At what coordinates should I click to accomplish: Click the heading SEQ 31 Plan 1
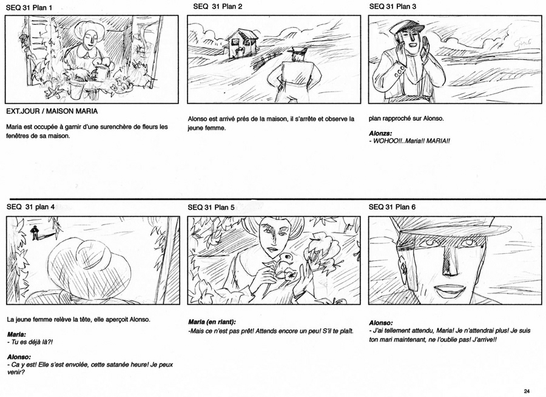pyautogui.click(x=29, y=8)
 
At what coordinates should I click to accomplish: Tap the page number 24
pyautogui.click(x=526, y=391)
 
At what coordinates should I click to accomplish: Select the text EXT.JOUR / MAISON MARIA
pyautogui.click(x=52, y=111)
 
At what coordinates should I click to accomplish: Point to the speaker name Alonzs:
pyautogui.click(x=380, y=133)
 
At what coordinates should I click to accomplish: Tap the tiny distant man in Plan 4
pyautogui.click(x=35, y=233)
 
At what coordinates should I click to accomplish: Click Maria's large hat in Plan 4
pyautogui.click(x=88, y=269)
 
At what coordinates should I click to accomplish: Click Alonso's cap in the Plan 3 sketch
pyautogui.click(x=406, y=27)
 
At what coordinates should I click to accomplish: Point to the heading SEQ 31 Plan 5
pyautogui.click(x=211, y=208)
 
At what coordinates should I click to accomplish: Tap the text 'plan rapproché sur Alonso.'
pyautogui.click(x=406, y=118)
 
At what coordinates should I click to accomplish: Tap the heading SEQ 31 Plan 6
pyautogui.click(x=392, y=207)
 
